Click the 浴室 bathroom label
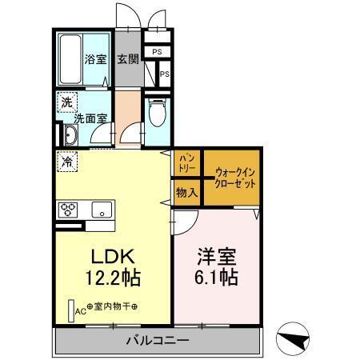(x=96, y=58)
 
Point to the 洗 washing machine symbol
(x=66, y=102)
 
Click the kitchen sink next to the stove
(x=102, y=210)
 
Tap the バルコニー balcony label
(x=157, y=341)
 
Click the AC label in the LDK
(x=81, y=313)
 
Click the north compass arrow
(x=294, y=339)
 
